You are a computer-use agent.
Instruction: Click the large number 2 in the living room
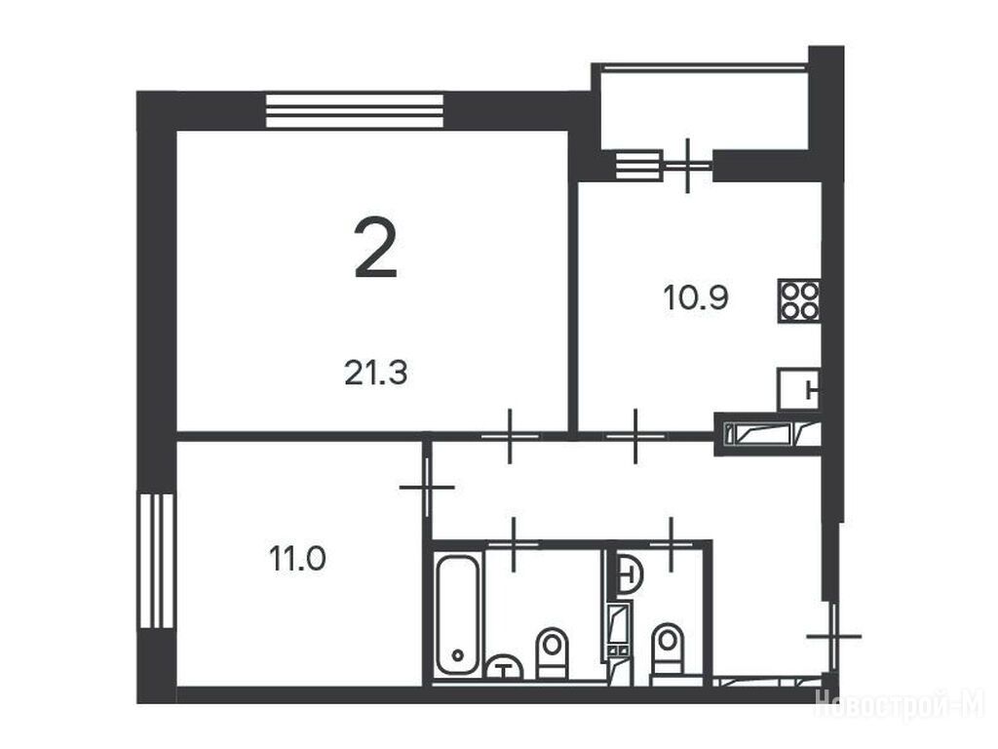pyautogui.click(x=375, y=248)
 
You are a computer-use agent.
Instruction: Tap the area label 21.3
pyautogui.click(x=375, y=373)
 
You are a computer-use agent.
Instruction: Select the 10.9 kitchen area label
pyautogui.click(x=696, y=297)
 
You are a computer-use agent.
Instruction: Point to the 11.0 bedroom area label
pyautogui.click(x=297, y=559)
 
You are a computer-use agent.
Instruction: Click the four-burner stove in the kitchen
pyautogui.click(x=798, y=300)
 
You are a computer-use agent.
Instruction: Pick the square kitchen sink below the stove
pyautogui.click(x=798, y=388)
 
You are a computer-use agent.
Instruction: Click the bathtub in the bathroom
pyautogui.click(x=458, y=614)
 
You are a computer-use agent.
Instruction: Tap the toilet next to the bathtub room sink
pyautogui.click(x=552, y=652)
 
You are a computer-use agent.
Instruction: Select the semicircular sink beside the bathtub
pyautogui.click(x=504, y=667)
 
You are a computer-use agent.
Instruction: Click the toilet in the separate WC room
pyautogui.click(x=668, y=650)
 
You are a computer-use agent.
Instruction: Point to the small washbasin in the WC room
pyautogui.click(x=630, y=573)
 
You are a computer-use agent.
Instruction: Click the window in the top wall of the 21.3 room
pyautogui.click(x=354, y=111)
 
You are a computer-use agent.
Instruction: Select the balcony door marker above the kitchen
pyautogui.click(x=687, y=166)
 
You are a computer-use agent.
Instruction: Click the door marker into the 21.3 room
pyautogui.click(x=510, y=436)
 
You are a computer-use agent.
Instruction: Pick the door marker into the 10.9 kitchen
pyautogui.click(x=635, y=436)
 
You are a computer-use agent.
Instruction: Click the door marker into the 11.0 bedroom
pyautogui.click(x=427, y=488)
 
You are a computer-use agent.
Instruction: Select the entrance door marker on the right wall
pyautogui.click(x=834, y=636)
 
